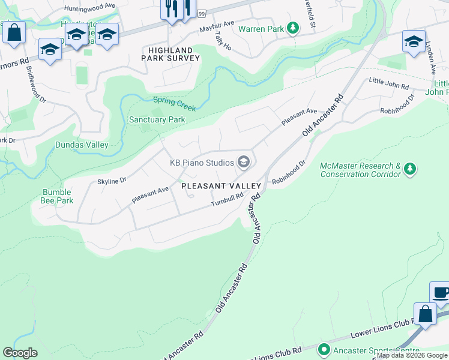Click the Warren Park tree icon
click(293, 28)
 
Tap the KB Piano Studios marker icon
click(244, 162)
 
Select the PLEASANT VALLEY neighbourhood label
click(221, 187)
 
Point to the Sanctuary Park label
click(157, 119)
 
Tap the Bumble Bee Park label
click(57, 196)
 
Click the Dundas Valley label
click(82, 145)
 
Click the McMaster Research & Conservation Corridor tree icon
click(410, 169)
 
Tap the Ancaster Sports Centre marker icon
click(324, 349)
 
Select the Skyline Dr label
click(112, 180)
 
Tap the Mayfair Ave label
click(217, 28)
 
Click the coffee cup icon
click(441, 293)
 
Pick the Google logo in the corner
click(20, 353)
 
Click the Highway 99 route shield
click(201, 13)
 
